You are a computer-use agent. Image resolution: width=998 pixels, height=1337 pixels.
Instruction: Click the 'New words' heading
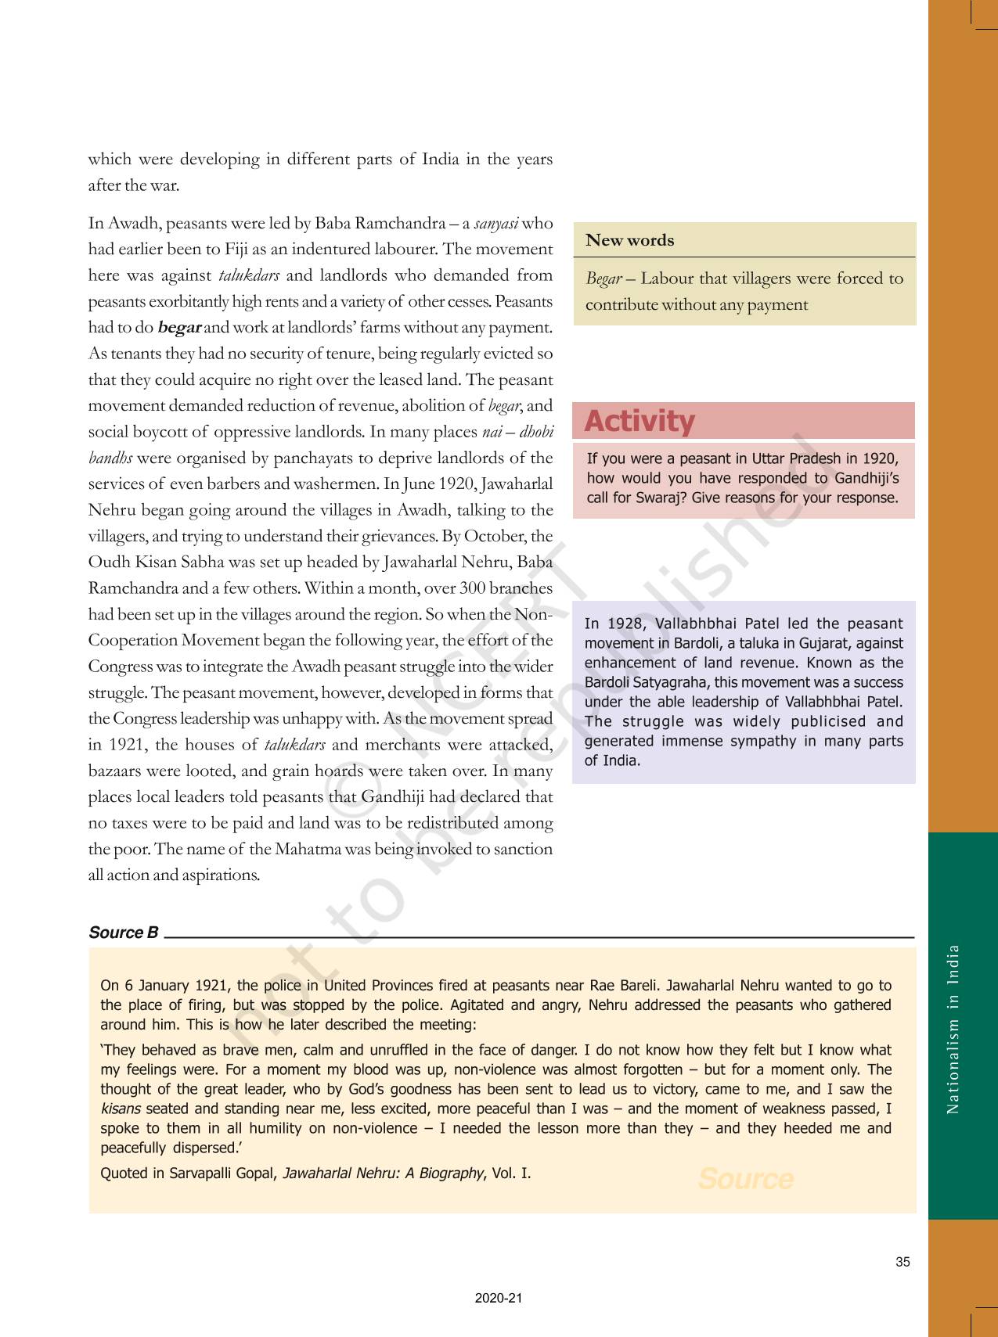tap(629, 241)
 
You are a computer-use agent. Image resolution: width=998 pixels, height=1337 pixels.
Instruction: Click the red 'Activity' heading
tap(639, 422)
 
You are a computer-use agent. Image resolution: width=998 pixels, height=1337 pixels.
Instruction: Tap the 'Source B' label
tap(124, 933)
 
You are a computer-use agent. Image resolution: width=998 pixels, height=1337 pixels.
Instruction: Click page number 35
tap(903, 1262)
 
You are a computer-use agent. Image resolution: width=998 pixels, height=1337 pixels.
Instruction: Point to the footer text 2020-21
tap(498, 1298)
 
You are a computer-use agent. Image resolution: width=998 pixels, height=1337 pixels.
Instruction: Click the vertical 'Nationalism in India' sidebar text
tap(953, 1029)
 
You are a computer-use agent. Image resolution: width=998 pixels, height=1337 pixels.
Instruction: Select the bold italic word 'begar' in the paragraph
tap(179, 328)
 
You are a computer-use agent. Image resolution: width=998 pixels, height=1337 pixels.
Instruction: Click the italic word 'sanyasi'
tap(496, 224)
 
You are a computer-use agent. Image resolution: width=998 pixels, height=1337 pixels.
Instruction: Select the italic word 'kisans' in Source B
tap(121, 1109)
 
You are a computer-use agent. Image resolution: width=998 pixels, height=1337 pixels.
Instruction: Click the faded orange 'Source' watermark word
tap(745, 1179)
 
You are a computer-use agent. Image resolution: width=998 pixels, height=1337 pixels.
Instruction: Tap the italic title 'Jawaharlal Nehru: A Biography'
tap(383, 1173)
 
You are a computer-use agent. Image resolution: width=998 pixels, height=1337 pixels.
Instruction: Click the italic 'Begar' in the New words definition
tap(603, 279)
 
